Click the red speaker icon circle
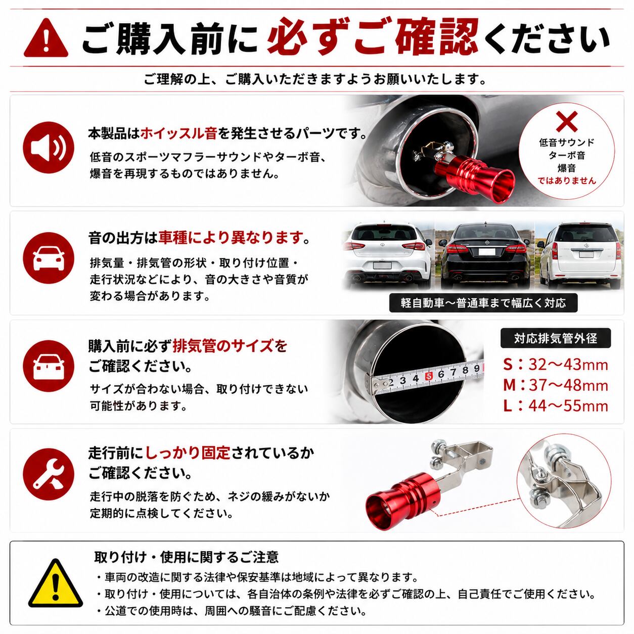(x=49, y=147)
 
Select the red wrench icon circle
(x=49, y=474)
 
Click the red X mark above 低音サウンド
(x=567, y=121)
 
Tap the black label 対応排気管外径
(x=555, y=338)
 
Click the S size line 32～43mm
(x=555, y=365)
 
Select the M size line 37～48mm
(x=555, y=385)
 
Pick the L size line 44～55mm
(x=555, y=406)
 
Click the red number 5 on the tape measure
(x=428, y=376)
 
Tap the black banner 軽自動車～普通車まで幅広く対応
(x=483, y=303)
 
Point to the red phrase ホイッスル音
(x=178, y=134)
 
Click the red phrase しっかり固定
(x=188, y=453)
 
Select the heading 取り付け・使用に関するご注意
(x=187, y=557)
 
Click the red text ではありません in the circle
(x=567, y=180)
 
